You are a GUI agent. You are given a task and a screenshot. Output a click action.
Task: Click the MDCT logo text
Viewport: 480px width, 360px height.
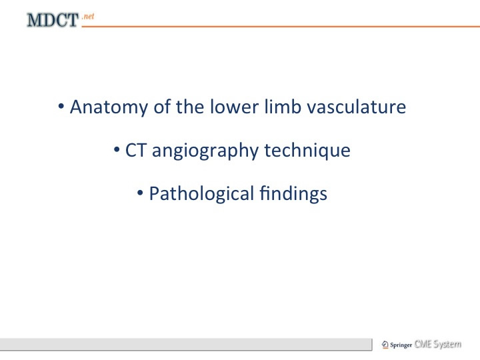(53, 20)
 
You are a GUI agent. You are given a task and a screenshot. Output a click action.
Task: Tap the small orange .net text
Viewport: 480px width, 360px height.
(88, 16)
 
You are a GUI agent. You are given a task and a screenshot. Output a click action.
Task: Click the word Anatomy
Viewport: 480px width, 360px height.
(109, 107)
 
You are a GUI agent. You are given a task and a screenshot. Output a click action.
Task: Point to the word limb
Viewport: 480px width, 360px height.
(283, 107)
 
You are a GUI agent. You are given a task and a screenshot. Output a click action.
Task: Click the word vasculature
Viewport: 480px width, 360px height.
(356, 107)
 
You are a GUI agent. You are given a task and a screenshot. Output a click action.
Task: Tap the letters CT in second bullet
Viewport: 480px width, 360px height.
(135, 150)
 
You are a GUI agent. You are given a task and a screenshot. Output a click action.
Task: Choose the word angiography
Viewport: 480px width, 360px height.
(205, 151)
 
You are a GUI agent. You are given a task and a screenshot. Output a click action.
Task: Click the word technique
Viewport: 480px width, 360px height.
(307, 151)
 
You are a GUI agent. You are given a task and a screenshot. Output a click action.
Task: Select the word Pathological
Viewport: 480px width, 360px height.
(201, 194)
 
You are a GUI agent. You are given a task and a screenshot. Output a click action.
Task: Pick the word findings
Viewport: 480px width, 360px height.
(293, 194)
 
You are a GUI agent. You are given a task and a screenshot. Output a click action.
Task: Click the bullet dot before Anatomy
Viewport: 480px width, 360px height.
(61, 107)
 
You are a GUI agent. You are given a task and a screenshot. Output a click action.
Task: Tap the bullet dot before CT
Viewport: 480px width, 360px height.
(117, 150)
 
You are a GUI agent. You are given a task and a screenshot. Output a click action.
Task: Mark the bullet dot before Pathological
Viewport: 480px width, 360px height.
(140, 193)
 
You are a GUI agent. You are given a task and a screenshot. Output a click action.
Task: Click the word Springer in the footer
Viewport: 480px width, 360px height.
(401, 345)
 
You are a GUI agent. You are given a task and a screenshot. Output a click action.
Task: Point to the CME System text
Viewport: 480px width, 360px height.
(438, 345)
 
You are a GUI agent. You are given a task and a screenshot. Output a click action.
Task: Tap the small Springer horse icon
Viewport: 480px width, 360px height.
(385, 345)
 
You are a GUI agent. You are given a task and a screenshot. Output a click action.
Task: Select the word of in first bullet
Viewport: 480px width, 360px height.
(162, 107)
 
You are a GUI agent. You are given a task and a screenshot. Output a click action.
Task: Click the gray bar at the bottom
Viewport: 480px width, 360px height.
(186, 345)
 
